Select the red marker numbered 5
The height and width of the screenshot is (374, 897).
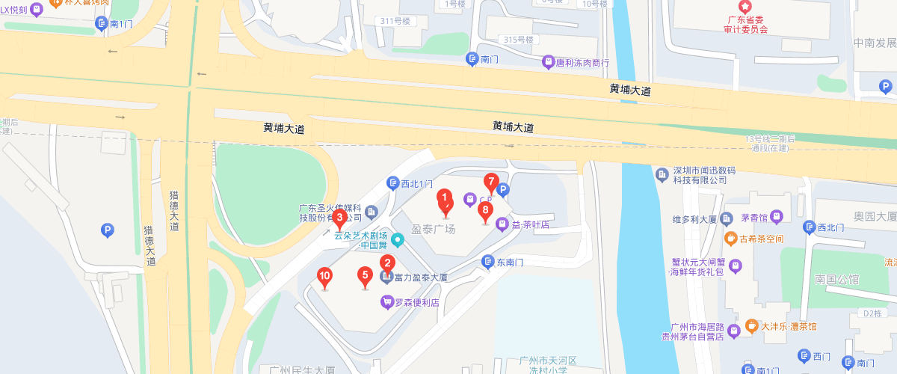coord(366,276)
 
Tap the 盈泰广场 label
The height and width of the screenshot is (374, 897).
coord(434,230)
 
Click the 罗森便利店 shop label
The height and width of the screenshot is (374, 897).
coord(416,302)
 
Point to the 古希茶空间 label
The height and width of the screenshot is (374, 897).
coord(760,239)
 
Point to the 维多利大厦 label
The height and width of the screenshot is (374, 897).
coord(694,220)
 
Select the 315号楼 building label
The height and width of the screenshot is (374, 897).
coord(521,40)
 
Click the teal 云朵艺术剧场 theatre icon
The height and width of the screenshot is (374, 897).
coord(398,240)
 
